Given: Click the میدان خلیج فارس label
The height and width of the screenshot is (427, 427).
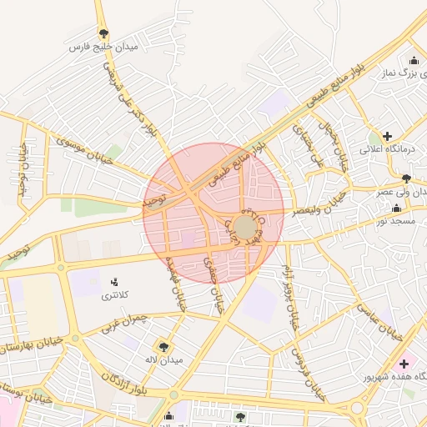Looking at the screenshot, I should (x=103, y=48).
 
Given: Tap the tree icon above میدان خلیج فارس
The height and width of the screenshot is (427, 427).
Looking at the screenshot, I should (x=103, y=34).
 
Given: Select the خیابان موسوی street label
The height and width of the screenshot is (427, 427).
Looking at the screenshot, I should (x=83, y=148).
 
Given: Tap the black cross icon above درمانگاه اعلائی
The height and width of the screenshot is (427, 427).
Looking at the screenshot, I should (x=387, y=136).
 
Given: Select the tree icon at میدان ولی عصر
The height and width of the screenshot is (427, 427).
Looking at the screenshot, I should (x=406, y=178).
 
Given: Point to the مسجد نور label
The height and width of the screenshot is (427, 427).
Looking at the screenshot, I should (x=396, y=219).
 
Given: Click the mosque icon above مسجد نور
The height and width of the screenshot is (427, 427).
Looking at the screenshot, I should (x=396, y=207).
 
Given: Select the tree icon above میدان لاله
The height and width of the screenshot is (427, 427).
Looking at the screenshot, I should (x=163, y=345).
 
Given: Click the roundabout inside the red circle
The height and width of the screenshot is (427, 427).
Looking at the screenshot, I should (x=245, y=227).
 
